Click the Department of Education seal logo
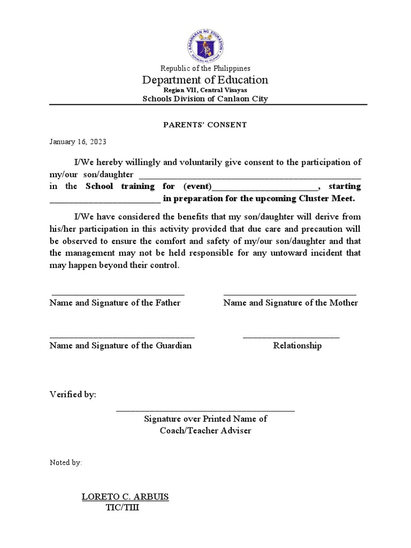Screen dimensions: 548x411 (x=205, y=44)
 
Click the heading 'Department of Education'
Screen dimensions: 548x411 (x=205, y=80)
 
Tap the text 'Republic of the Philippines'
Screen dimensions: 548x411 (x=205, y=68)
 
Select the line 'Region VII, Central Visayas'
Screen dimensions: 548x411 (x=205, y=90)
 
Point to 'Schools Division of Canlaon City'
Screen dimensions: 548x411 (x=205, y=99)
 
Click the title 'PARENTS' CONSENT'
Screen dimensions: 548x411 (x=205, y=125)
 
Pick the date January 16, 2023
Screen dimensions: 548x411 (x=78, y=142)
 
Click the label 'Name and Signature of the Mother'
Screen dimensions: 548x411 (x=291, y=303)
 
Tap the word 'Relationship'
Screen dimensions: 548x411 (x=297, y=346)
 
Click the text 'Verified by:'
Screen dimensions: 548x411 (x=73, y=394)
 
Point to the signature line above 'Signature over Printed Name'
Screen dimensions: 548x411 (x=205, y=410)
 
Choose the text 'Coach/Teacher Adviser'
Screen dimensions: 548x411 (x=205, y=431)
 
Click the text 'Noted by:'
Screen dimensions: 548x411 (x=65, y=462)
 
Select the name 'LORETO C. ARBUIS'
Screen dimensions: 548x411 (x=125, y=497)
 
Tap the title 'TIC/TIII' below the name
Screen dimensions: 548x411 (x=123, y=507)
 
